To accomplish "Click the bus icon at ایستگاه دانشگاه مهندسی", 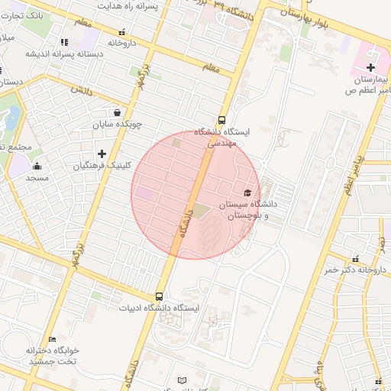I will pos(221,120).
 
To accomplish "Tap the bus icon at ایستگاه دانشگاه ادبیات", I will pos(160,296).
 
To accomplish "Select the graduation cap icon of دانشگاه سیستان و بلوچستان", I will pos(247,192).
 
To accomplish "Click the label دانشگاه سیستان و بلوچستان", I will pos(249,210).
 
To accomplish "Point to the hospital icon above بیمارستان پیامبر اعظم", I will pos(370,68).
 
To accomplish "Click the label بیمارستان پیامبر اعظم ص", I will pos(369,85).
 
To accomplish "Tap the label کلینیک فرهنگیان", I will pos(102,165).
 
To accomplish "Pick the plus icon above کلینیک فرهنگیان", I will pos(102,153).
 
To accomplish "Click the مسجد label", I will pos(37,177).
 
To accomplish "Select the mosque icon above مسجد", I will pos(37,166).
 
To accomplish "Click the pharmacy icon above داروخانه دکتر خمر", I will pos(356,258).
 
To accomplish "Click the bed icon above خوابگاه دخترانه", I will pos(52,339).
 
